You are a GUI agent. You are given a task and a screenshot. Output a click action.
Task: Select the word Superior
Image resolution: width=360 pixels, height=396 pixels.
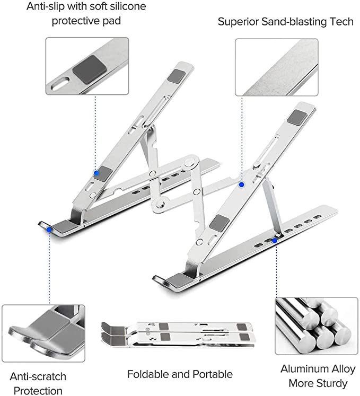tap(238, 22)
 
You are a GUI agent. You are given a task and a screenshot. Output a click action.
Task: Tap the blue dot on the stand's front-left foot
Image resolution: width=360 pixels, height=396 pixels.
tap(49, 229)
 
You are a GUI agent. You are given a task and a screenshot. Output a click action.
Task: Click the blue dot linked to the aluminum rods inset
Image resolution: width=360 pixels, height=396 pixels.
tap(275, 240)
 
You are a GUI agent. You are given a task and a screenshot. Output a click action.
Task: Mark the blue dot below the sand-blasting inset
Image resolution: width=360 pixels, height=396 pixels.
tap(241, 184)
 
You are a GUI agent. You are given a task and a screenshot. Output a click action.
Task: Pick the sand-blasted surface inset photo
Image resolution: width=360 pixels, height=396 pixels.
tap(276, 67)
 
